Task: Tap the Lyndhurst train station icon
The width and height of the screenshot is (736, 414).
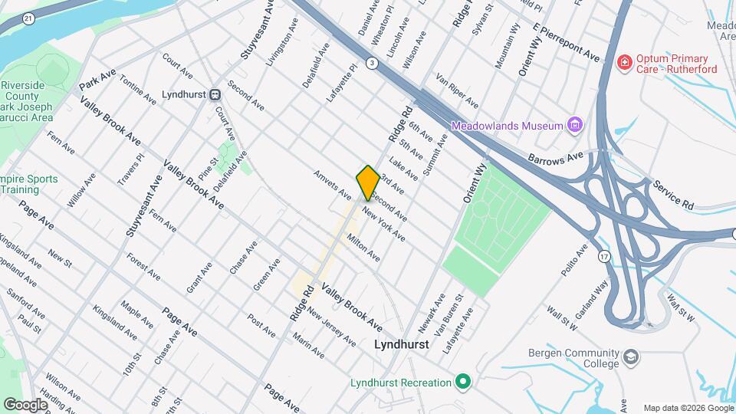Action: (x=215, y=95)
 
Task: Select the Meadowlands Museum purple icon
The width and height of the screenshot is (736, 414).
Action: (x=575, y=125)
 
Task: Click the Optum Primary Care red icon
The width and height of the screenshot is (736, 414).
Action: (x=625, y=61)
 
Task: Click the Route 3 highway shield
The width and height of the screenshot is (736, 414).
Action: (x=372, y=63)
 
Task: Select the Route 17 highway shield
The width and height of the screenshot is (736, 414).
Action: (x=605, y=257)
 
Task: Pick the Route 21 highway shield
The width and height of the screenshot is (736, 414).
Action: (x=28, y=18)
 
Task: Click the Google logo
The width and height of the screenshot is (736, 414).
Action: (x=25, y=404)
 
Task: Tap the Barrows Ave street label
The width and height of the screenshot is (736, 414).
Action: (x=556, y=157)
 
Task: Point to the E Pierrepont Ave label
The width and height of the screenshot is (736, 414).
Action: (x=567, y=45)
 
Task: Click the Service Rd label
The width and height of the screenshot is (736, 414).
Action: (x=672, y=195)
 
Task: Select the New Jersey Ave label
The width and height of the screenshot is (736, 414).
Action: (x=331, y=327)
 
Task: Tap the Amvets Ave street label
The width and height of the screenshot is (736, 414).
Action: (x=332, y=185)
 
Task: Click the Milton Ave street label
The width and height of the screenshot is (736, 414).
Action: (x=363, y=247)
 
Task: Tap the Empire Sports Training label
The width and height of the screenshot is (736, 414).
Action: (x=29, y=184)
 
